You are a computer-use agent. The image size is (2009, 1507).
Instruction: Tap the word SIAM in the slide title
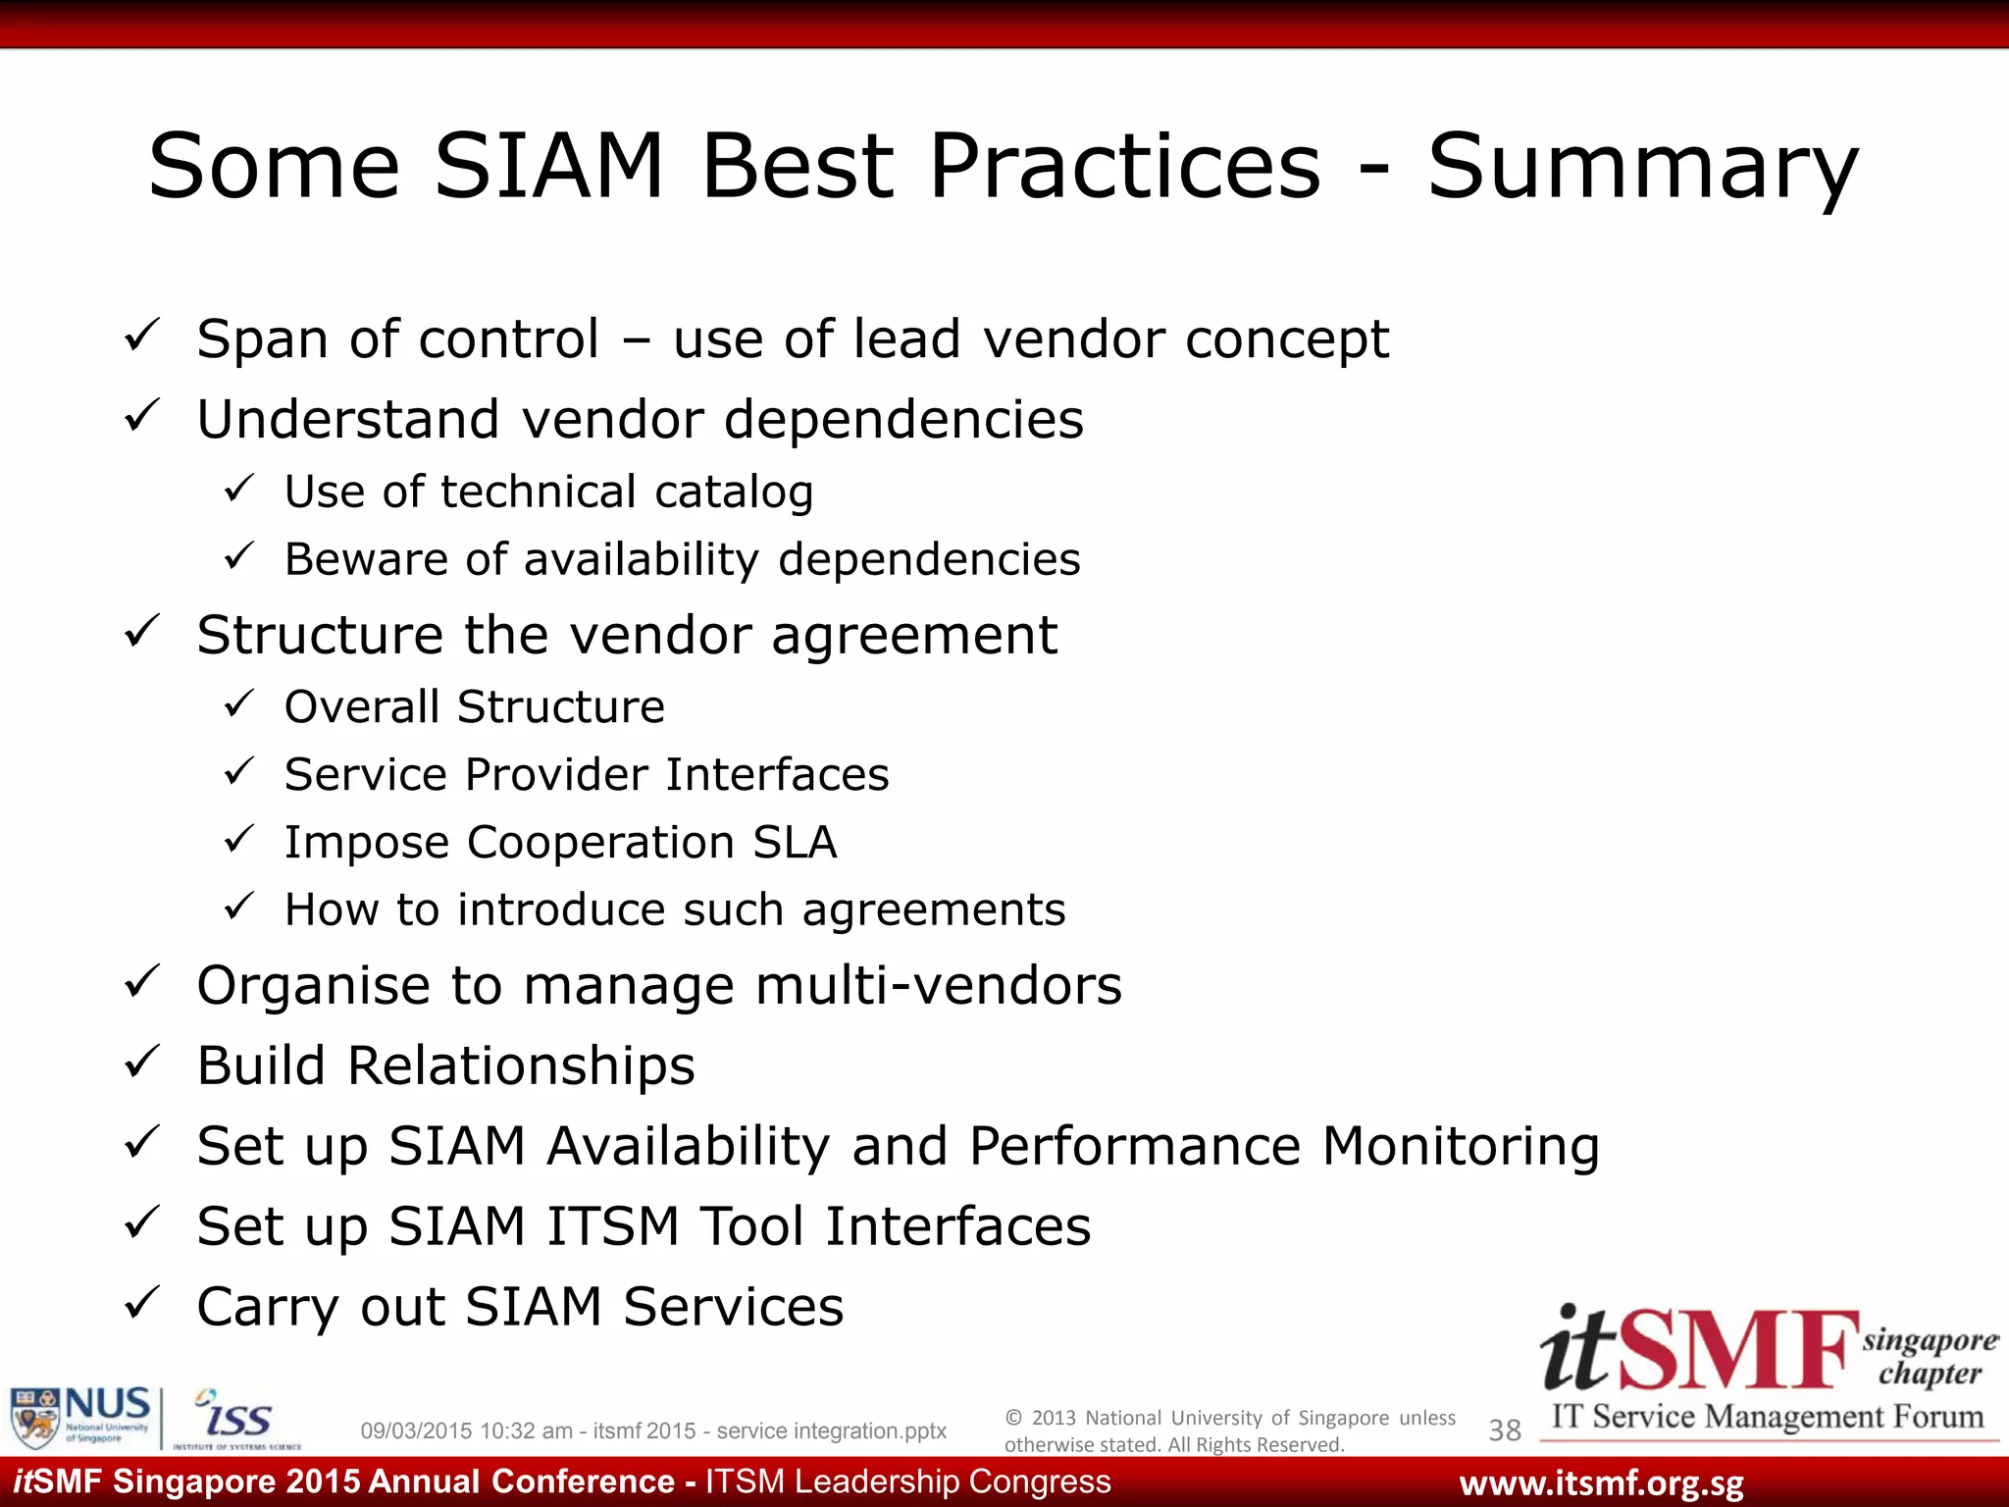pos(549,167)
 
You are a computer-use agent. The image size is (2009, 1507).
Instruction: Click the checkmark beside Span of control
pos(142,337)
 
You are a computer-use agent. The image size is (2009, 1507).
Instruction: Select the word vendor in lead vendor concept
pos(1073,339)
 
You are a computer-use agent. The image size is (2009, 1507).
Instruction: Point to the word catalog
pos(734,493)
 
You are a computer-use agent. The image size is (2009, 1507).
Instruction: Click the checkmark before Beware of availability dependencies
pos(239,556)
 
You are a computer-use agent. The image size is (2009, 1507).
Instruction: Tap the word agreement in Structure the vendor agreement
pos(914,636)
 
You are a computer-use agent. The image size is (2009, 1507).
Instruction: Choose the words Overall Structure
pos(475,706)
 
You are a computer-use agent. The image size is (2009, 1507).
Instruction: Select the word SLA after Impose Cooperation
pos(795,842)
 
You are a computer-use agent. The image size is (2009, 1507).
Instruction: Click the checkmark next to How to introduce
pos(239,906)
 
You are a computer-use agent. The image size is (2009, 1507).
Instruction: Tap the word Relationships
pos(521,1065)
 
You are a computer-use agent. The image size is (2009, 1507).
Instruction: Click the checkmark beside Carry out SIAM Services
pos(142,1303)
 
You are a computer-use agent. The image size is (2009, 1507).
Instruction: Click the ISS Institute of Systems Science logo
pos(235,1419)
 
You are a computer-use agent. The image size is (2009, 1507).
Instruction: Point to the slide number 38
pos(1504,1430)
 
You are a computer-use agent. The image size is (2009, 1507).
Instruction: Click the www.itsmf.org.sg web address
pos(1601,1483)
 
